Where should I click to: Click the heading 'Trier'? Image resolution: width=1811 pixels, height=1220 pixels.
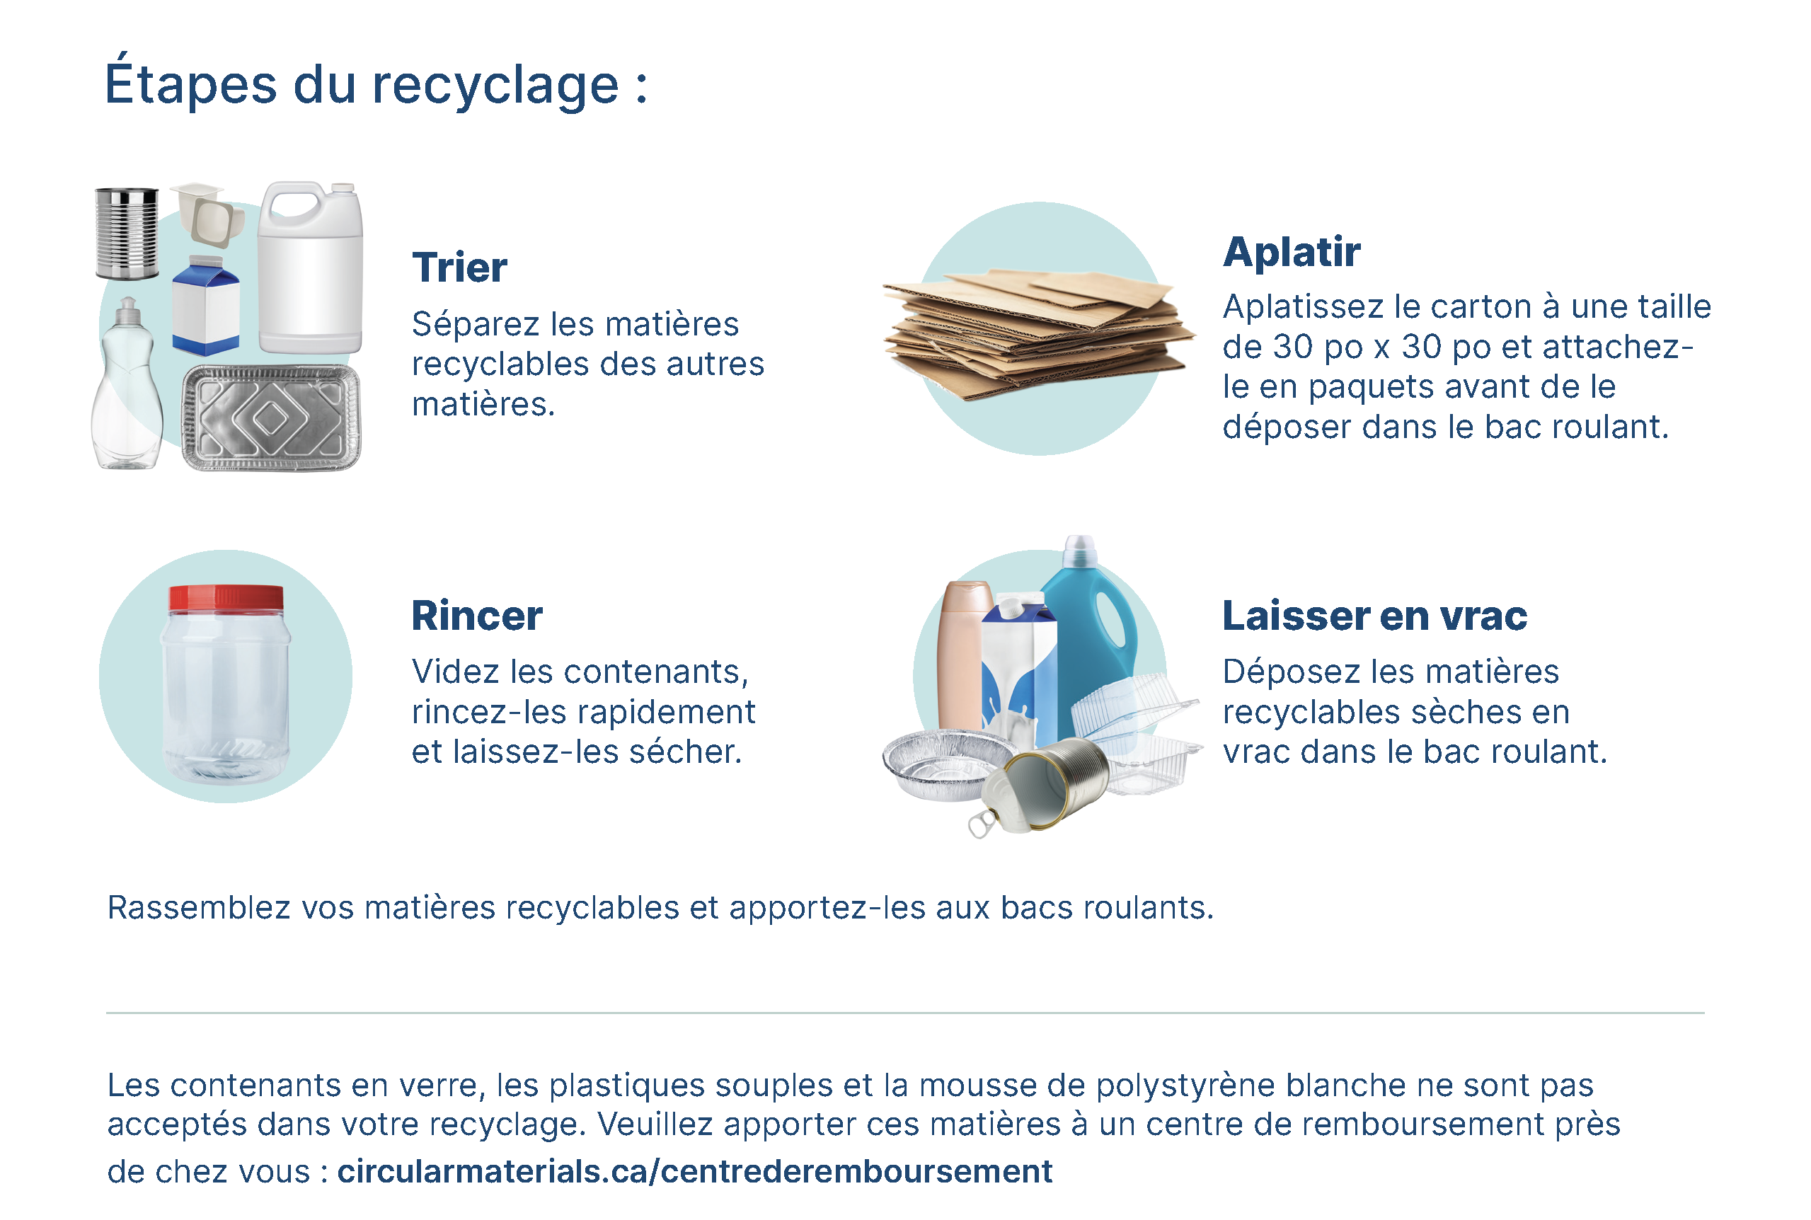(459, 267)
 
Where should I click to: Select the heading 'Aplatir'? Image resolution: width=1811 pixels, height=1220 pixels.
(1292, 252)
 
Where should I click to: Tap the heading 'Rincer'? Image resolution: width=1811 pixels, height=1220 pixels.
(477, 616)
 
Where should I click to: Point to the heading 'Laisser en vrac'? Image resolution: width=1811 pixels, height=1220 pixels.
(1374, 616)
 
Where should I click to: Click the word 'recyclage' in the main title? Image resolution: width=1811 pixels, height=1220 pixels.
(495, 86)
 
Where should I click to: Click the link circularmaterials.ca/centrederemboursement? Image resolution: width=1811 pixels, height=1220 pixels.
(695, 1172)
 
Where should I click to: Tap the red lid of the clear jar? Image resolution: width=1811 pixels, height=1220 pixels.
(226, 597)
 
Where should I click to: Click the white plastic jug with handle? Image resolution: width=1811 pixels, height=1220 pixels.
(311, 267)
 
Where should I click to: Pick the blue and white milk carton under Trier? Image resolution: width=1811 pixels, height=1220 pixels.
(206, 305)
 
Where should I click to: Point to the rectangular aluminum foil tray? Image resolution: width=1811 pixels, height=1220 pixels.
(271, 418)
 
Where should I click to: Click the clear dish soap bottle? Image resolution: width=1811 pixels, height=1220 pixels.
(127, 384)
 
